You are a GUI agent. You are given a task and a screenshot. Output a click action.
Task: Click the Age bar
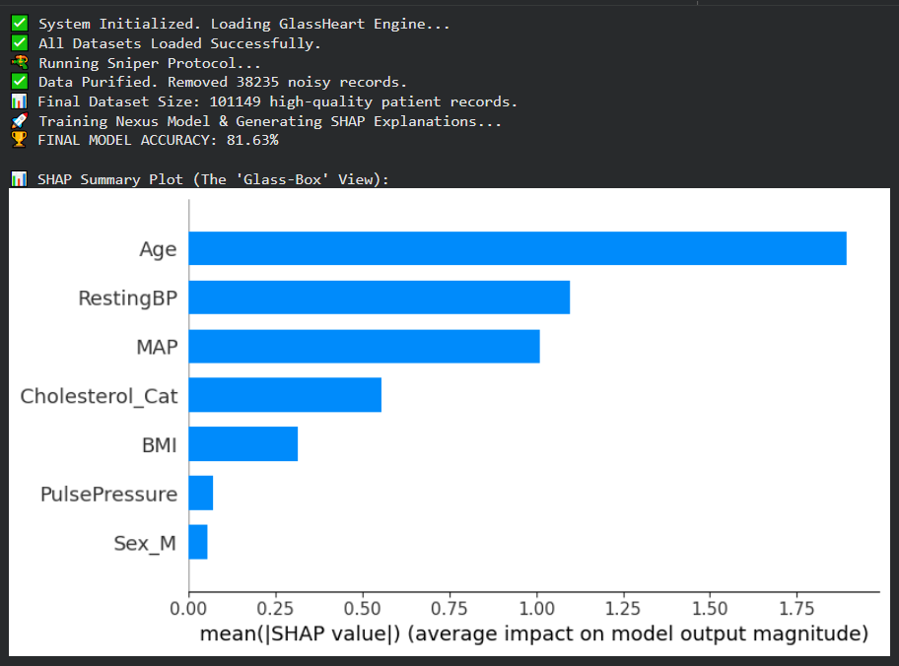[x=517, y=248]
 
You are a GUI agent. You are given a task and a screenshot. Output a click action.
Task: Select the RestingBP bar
[x=379, y=297]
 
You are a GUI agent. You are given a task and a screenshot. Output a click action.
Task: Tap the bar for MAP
[x=364, y=346]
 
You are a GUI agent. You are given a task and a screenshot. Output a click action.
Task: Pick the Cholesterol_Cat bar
[x=285, y=395]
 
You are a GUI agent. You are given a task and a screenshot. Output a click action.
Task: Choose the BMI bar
[x=242, y=444]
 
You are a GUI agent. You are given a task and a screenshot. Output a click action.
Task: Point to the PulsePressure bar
[x=201, y=493]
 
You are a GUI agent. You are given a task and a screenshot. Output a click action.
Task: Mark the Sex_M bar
[x=198, y=542]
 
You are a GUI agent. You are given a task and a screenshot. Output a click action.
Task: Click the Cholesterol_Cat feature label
[x=99, y=396]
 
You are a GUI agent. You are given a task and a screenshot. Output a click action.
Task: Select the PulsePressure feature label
[x=108, y=494]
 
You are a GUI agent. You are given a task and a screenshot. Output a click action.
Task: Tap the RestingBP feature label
[x=127, y=298]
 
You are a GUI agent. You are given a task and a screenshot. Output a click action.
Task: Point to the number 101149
[x=237, y=101]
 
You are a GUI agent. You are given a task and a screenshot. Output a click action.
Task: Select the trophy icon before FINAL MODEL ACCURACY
[x=20, y=140]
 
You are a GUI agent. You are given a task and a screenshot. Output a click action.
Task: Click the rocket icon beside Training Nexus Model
[x=20, y=121]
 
